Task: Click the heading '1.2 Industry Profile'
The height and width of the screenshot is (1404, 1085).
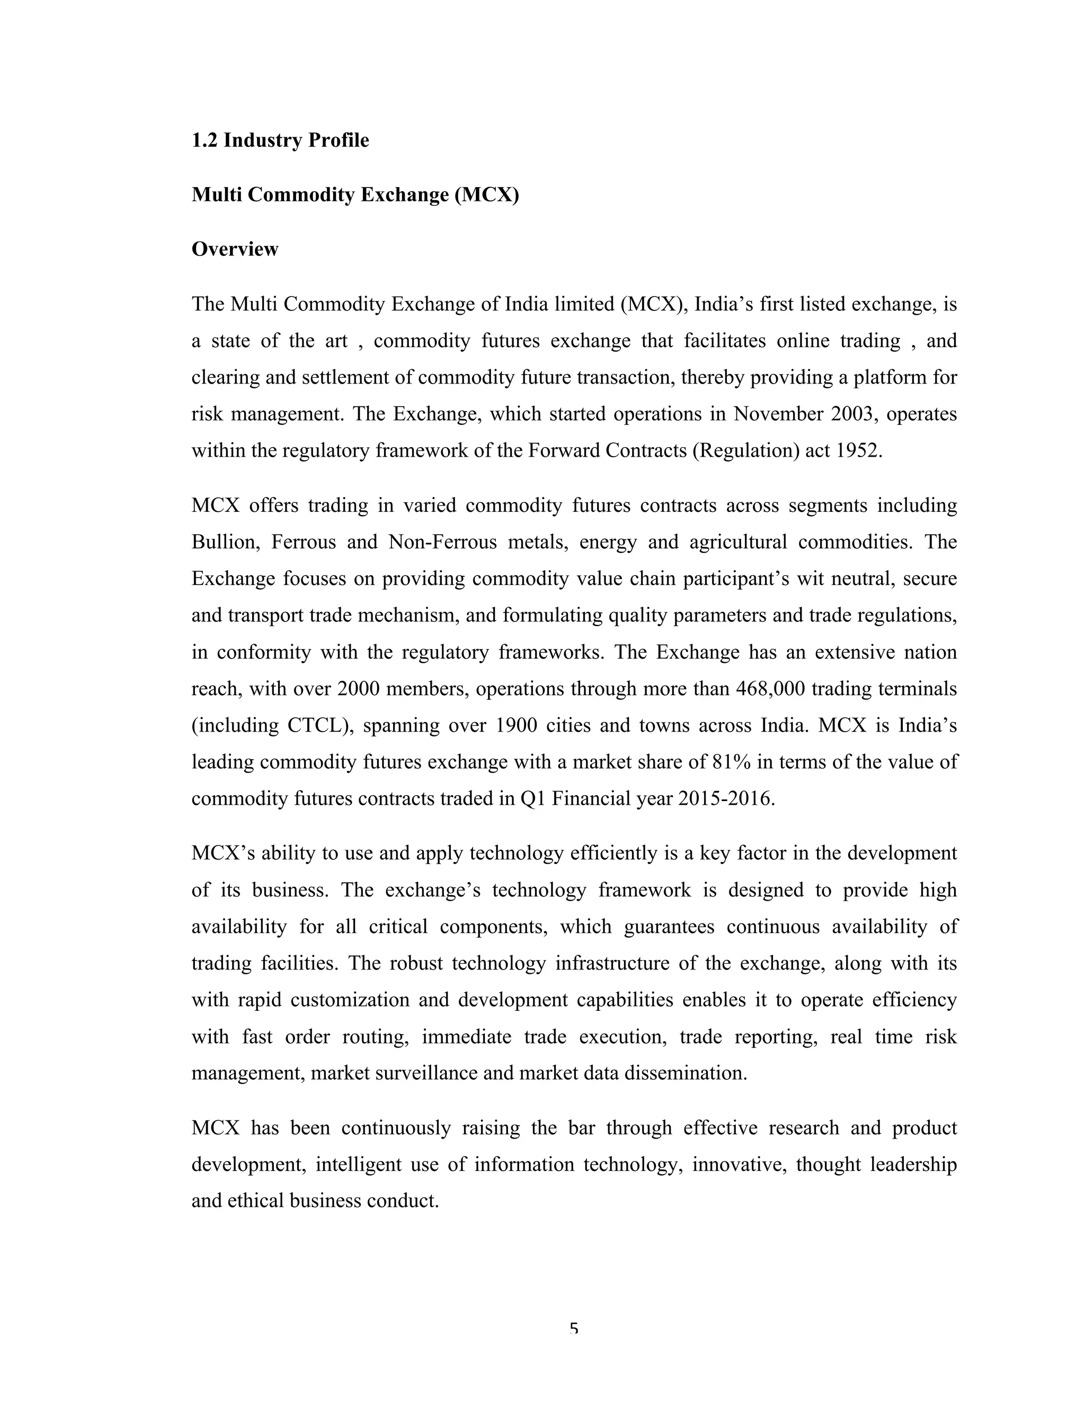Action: coord(280,140)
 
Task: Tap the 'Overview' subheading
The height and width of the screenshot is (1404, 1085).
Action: coord(235,249)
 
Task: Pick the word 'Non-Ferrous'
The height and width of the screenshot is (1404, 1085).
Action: coord(443,542)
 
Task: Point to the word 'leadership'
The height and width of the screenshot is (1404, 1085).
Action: coord(913,1164)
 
